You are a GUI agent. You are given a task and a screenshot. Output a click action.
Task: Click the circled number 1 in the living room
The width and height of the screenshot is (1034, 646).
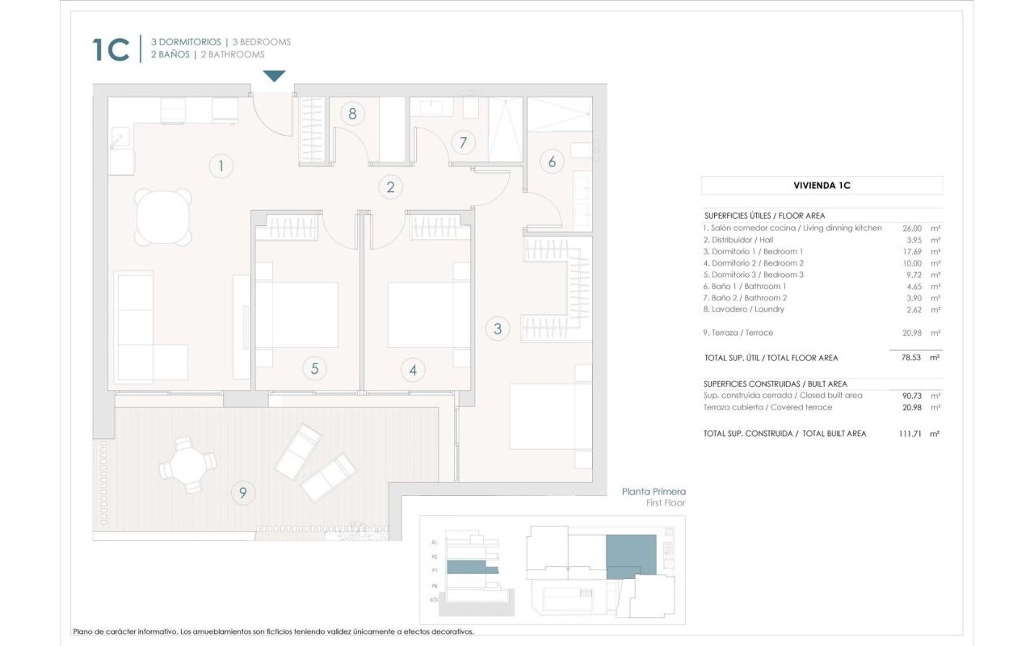point(220,167)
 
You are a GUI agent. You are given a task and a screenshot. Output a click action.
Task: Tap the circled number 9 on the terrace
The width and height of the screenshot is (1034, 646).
point(242,492)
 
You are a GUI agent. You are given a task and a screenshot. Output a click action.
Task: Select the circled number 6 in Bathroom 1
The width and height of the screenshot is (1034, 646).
point(552,161)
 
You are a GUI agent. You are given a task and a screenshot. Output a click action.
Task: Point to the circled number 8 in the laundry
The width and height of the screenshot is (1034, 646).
point(352,114)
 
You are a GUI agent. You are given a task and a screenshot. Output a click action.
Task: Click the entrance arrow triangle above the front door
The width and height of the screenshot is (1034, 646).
point(275,76)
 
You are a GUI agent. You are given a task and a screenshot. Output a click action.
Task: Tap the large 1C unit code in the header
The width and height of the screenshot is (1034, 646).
point(111,49)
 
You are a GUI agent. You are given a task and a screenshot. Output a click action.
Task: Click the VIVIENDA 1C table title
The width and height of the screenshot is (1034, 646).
point(822,186)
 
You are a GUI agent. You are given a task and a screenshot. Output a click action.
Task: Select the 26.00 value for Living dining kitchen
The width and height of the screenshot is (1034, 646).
point(909,229)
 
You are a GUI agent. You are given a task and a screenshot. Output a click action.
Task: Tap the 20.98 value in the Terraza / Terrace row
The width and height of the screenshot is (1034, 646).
point(909,333)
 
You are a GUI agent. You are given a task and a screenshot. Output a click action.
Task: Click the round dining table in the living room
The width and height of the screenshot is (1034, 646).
point(164,217)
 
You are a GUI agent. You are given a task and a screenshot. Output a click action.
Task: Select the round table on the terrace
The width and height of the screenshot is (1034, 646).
point(187,465)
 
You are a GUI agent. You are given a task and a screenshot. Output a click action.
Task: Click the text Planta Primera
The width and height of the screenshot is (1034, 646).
point(653,491)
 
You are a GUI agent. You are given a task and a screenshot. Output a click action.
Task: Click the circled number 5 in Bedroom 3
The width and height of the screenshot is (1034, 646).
point(314,369)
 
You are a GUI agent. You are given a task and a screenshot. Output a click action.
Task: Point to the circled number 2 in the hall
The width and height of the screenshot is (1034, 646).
point(390,187)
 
